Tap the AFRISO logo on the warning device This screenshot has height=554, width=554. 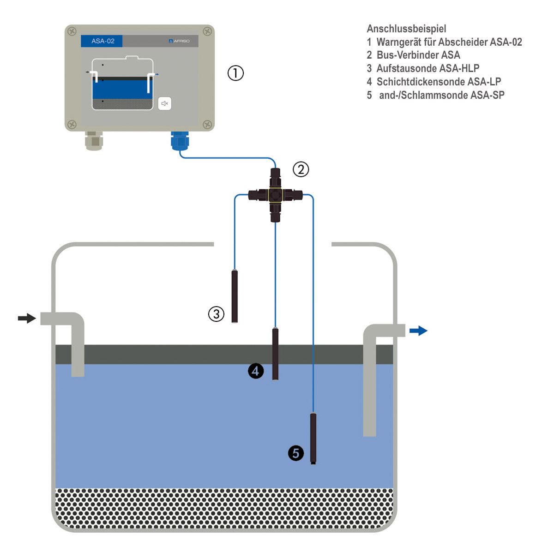coord(179,41)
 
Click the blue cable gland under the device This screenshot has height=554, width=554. coord(180,141)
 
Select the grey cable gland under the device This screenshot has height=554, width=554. coord(94,141)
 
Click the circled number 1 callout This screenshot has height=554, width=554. coord(235,73)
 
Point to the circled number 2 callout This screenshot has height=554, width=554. coord(301,169)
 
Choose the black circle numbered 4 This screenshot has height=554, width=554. coord(256,371)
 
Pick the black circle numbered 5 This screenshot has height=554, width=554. coord(296,453)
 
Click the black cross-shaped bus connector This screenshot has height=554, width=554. coord(275,195)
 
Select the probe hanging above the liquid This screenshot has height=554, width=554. coord(235,296)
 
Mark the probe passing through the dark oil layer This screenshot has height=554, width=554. coord(275,354)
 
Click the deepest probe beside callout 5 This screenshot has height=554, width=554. coord(313,439)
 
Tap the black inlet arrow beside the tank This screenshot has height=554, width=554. coord(27,318)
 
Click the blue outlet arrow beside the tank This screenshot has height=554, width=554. coord(418,331)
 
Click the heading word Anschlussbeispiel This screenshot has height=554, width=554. coord(406,29)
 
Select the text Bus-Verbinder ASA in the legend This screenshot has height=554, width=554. coord(418,55)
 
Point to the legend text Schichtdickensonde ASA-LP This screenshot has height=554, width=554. coord(439,82)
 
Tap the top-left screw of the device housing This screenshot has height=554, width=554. coord(72,31)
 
